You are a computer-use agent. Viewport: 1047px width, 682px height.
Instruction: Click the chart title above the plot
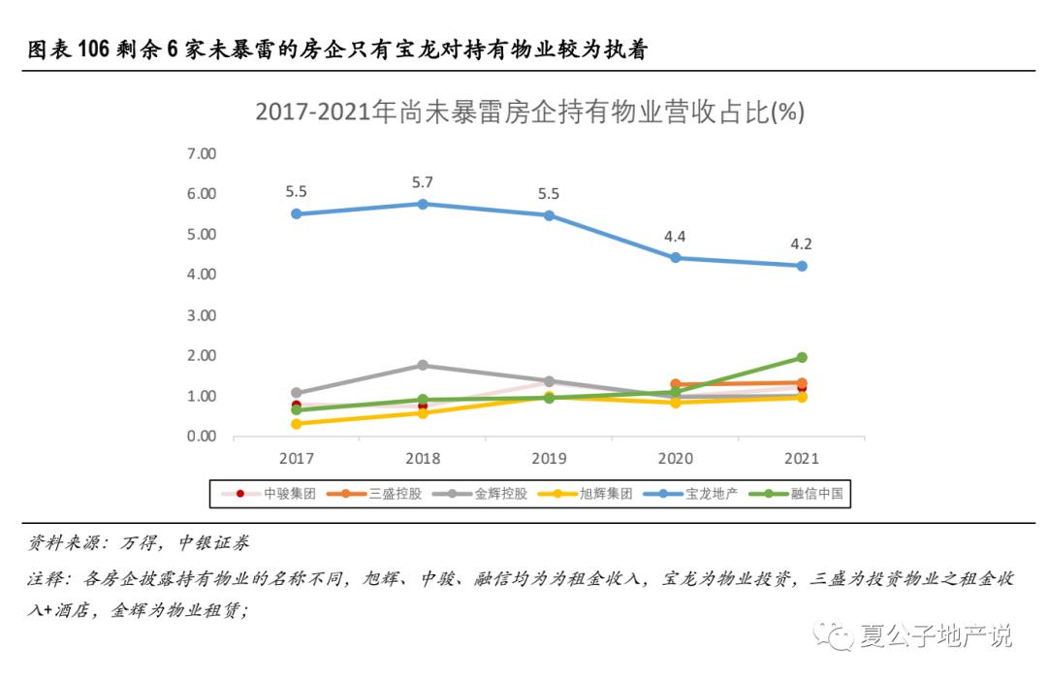pyautogui.click(x=529, y=112)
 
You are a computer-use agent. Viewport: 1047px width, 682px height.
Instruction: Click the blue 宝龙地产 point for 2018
pyautogui.click(x=423, y=204)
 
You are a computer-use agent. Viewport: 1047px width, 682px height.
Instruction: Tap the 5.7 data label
pyautogui.click(x=423, y=181)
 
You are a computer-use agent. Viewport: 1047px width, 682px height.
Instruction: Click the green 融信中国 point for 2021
pyautogui.click(x=801, y=357)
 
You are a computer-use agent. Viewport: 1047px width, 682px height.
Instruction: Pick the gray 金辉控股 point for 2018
pyautogui.click(x=423, y=365)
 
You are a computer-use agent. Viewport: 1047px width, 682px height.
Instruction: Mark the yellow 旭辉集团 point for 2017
pyautogui.click(x=297, y=424)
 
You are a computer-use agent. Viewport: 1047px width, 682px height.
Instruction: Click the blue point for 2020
pyautogui.click(x=675, y=258)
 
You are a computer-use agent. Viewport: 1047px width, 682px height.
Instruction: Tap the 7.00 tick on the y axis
pyautogui.click(x=201, y=153)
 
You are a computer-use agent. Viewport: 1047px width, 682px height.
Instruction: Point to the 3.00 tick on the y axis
pyautogui.click(x=201, y=315)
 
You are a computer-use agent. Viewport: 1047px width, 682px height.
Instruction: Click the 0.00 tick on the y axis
pyautogui.click(x=201, y=437)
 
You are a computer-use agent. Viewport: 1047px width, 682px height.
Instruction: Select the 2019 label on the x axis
pyautogui.click(x=549, y=459)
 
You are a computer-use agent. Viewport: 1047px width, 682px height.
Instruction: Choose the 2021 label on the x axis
pyautogui.click(x=801, y=459)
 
